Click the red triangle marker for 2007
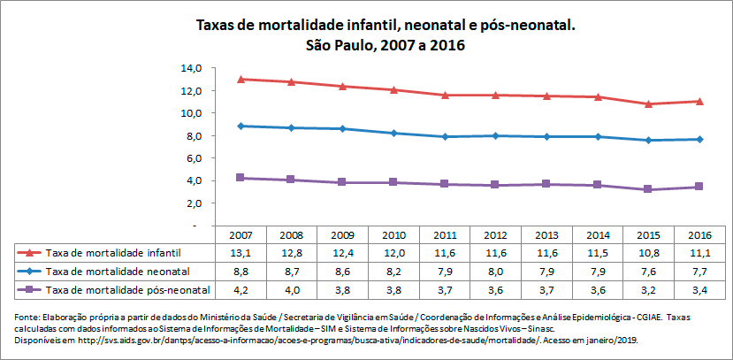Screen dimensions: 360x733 tap(241, 80)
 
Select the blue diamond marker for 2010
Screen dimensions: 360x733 tap(393, 133)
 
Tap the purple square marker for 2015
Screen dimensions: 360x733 tap(648, 189)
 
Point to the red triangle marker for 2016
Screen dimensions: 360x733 tap(699, 101)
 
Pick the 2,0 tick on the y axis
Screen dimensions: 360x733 tap(194, 203)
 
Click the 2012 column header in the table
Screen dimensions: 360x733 tap(495, 236)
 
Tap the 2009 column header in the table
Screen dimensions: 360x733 tap(342, 236)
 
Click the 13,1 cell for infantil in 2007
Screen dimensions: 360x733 tap(241, 252)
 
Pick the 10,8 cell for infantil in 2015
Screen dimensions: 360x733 tap(648, 252)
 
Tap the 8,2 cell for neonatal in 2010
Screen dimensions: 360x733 tap(393, 271)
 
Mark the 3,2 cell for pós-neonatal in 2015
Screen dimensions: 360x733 tap(648, 289)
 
